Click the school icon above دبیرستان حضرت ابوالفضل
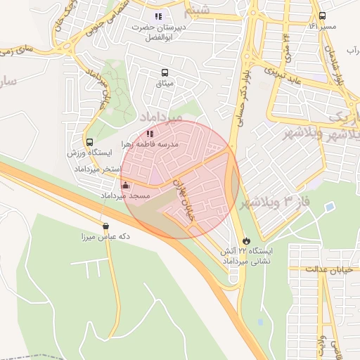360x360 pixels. point(158,15)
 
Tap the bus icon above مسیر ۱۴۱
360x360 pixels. point(322,15)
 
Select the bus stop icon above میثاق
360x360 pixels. point(165,72)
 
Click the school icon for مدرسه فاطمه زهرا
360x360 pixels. point(149,134)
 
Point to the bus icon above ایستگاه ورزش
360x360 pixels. point(89,142)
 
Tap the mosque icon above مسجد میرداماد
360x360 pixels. point(126,185)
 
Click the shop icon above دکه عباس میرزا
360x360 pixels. point(105,226)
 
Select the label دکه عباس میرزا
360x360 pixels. point(105,238)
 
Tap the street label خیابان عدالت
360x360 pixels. point(333,269)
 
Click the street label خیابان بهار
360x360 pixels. point(181,199)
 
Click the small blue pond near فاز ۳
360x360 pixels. point(330,207)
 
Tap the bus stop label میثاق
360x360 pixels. point(165,84)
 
